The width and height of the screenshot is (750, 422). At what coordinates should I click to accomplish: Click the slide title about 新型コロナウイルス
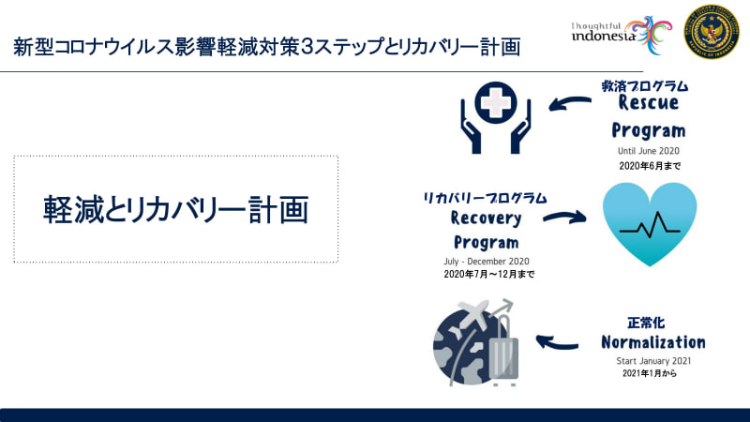click(x=267, y=46)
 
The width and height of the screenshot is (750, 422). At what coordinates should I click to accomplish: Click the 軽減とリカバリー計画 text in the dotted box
click(x=176, y=208)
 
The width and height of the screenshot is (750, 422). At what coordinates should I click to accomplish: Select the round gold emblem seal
click(x=712, y=32)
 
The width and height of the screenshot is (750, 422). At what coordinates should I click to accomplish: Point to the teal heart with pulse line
click(x=649, y=223)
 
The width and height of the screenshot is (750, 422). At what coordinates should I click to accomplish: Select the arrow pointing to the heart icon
click(x=564, y=218)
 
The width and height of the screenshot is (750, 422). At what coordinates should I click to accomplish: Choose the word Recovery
click(x=485, y=219)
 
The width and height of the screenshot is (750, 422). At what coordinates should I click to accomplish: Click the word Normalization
click(x=652, y=341)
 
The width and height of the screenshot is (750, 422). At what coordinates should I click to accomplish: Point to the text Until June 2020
click(x=648, y=151)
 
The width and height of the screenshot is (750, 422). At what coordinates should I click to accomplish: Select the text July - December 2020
click(x=487, y=262)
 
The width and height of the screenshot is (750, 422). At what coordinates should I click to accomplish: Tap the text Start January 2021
click(x=652, y=361)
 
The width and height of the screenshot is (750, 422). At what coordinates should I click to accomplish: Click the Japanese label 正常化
click(x=646, y=323)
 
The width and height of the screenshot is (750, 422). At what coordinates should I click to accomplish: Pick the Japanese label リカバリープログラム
click(x=485, y=198)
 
